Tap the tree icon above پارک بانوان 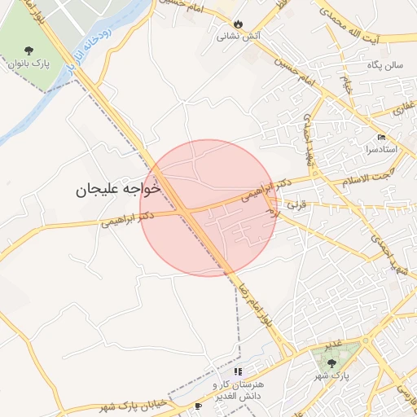click(x=30, y=49)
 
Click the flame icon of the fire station click(x=238, y=24)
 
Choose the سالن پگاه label click(x=384, y=64)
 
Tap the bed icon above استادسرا click(x=382, y=137)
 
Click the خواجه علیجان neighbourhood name click(x=119, y=189)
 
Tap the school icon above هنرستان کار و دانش click(x=238, y=371)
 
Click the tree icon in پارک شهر click(x=341, y=363)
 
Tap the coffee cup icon click(x=198, y=406)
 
